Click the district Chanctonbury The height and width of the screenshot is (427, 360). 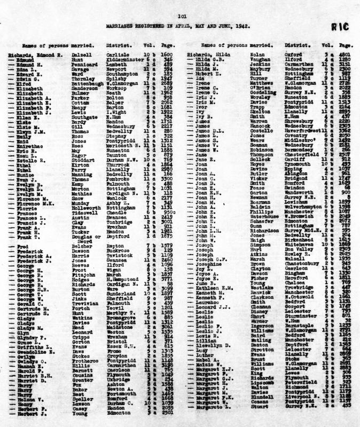point(302,263)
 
